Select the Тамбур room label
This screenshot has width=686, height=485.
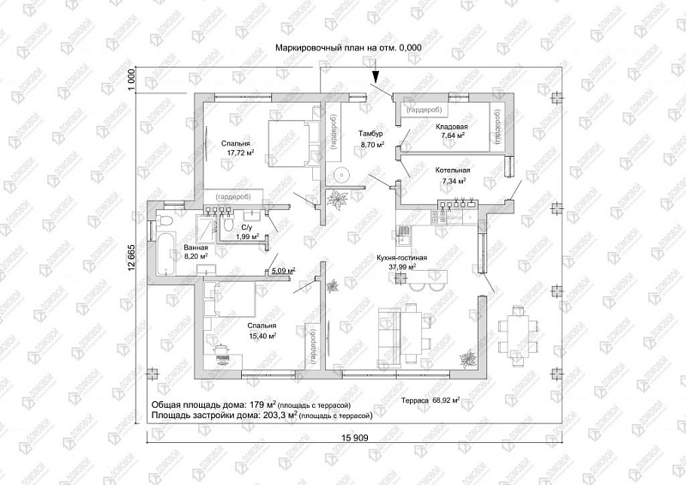pyautogui.click(x=370, y=135)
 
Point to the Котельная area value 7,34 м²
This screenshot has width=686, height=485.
pyautogui.click(x=454, y=182)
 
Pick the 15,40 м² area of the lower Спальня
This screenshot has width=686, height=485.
pyautogui.click(x=262, y=337)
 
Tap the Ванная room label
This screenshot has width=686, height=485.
pyautogui.click(x=196, y=247)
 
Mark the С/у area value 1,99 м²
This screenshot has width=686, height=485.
pyautogui.click(x=246, y=237)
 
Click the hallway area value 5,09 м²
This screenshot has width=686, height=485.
pyautogui.click(x=283, y=271)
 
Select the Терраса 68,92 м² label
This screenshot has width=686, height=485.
pyautogui.click(x=430, y=400)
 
